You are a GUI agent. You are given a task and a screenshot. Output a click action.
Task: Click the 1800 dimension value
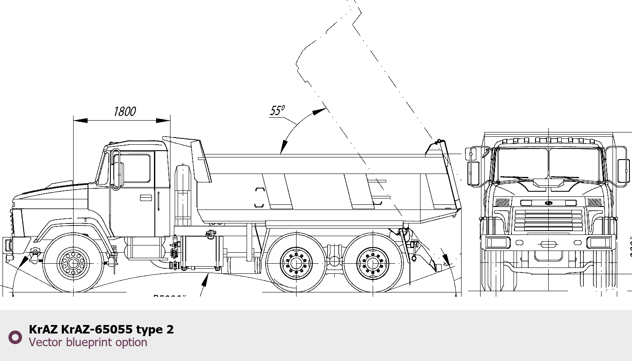coord(124,112)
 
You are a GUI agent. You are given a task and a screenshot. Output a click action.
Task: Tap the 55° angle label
coord(277,110)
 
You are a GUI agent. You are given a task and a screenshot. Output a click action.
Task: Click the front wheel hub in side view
coord(73,263)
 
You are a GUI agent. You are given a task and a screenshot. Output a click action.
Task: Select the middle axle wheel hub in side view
coord(296,263)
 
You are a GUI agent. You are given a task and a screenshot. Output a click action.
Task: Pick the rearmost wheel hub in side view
coord(373,263)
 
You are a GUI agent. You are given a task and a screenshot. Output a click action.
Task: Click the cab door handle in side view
coord(146,198)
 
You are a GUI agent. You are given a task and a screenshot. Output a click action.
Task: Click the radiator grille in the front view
coord(548,220)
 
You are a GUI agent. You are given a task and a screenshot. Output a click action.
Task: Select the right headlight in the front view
coord(599,243)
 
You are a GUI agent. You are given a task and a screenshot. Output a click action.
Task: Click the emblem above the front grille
coord(548,203)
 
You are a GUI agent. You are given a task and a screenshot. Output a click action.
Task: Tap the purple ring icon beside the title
coord(15,337)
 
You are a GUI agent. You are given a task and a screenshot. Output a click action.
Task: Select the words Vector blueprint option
coord(88,342)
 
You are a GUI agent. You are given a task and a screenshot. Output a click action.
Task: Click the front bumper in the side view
coord(8,245)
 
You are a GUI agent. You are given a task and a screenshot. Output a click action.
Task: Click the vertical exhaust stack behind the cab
coord(183,195)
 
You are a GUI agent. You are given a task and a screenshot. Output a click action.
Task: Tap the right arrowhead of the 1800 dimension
coord(164,120)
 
